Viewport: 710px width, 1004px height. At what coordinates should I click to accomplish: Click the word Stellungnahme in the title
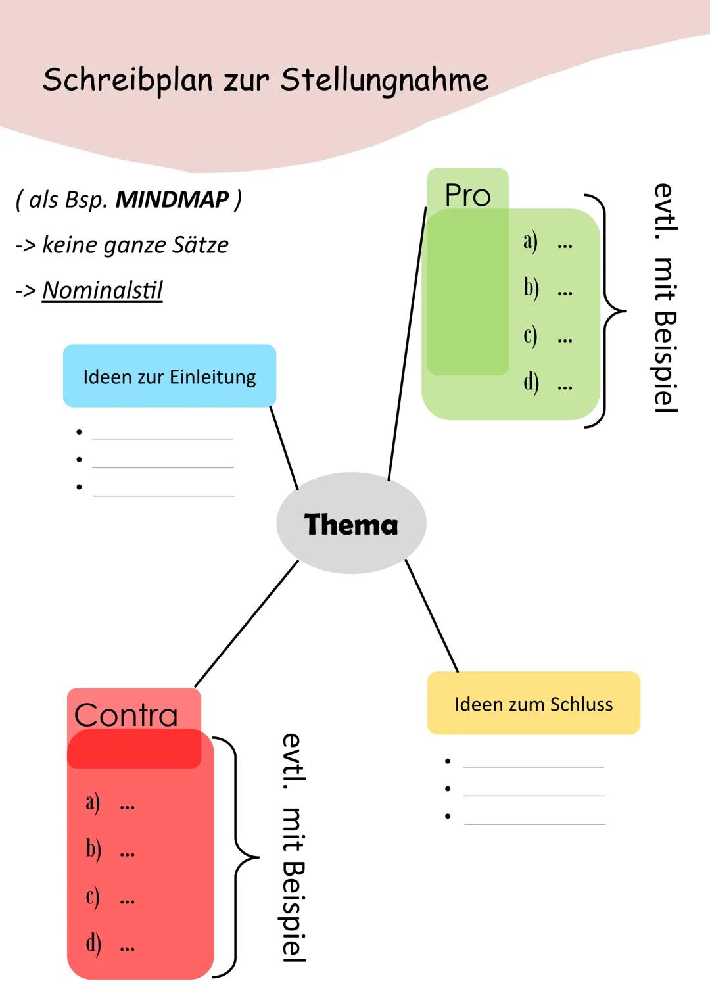pyautogui.click(x=384, y=80)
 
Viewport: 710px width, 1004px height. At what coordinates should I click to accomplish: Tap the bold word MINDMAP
pyautogui.click(x=172, y=199)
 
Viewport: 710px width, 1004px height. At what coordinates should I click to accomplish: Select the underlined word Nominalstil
pyautogui.click(x=102, y=290)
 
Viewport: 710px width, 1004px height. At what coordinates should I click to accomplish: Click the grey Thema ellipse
pyautogui.click(x=351, y=523)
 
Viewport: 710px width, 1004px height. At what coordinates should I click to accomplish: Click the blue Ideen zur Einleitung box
pyautogui.click(x=169, y=376)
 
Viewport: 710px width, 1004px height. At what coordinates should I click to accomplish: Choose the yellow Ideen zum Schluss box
pyautogui.click(x=533, y=704)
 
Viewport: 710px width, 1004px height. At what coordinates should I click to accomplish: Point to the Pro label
pyautogui.click(x=467, y=195)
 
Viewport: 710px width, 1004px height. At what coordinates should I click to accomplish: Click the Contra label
pyautogui.click(x=126, y=714)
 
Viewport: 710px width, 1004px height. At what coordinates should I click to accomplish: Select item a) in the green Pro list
pyautogui.click(x=531, y=241)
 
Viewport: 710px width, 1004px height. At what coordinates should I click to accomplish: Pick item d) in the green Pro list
pyautogui.click(x=531, y=383)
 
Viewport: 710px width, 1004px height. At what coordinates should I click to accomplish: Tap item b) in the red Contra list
pyautogui.click(x=93, y=849)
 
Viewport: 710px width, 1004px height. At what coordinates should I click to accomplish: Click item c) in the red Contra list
pyautogui.click(x=93, y=897)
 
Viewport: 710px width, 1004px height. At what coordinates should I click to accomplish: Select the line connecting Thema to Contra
pyautogui.click(x=247, y=623)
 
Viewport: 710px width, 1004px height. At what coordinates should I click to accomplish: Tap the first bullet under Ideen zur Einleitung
pyautogui.click(x=79, y=432)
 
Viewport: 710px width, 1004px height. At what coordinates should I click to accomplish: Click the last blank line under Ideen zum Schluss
pyautogui.click(x=534, y=823)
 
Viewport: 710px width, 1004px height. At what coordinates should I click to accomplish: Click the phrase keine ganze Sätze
pyautogui.click(x=135, y=245)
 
